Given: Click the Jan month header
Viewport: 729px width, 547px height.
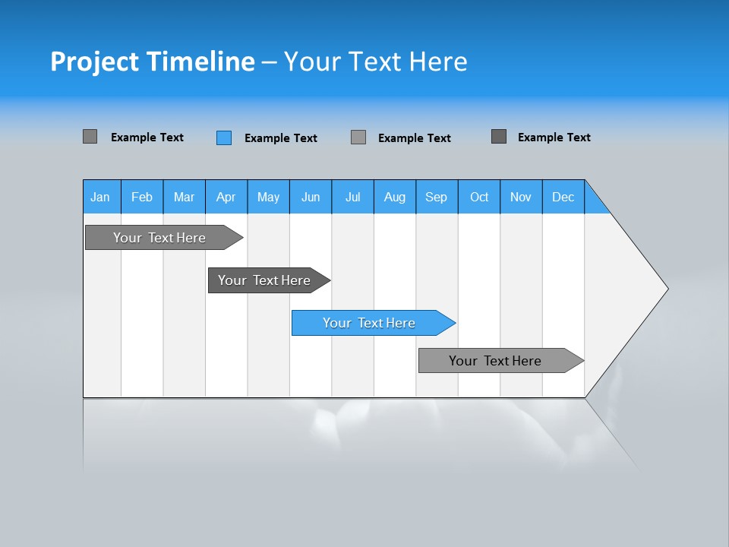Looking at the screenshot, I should [x=101, y=197].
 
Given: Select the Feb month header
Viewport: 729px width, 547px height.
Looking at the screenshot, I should [x=142, y=197].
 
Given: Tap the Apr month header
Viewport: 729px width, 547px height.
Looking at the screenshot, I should [x=226, y=197].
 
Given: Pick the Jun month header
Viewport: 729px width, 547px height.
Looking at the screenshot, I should [x=311, y=197].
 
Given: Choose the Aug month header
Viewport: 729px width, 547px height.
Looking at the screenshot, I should [x=395, y=197].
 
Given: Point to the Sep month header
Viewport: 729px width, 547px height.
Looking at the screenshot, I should [x=437, y=197].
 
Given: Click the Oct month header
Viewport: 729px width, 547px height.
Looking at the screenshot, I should [x=479, y=197].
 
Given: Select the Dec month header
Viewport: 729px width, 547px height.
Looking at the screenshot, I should [x=563, y=197].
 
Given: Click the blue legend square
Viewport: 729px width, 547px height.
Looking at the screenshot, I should [x=224, y=138].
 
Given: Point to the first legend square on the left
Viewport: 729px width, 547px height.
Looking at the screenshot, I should [x=90, y=137].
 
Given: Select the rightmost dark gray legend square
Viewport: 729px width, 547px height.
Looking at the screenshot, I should [x=499, y=137].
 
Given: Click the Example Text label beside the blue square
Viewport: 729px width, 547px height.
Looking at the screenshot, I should [x=281, y=138].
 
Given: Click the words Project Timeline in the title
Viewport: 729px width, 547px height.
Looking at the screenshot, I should [x=153, y=62].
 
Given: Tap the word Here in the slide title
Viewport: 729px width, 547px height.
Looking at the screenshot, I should [x=438, y=62].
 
